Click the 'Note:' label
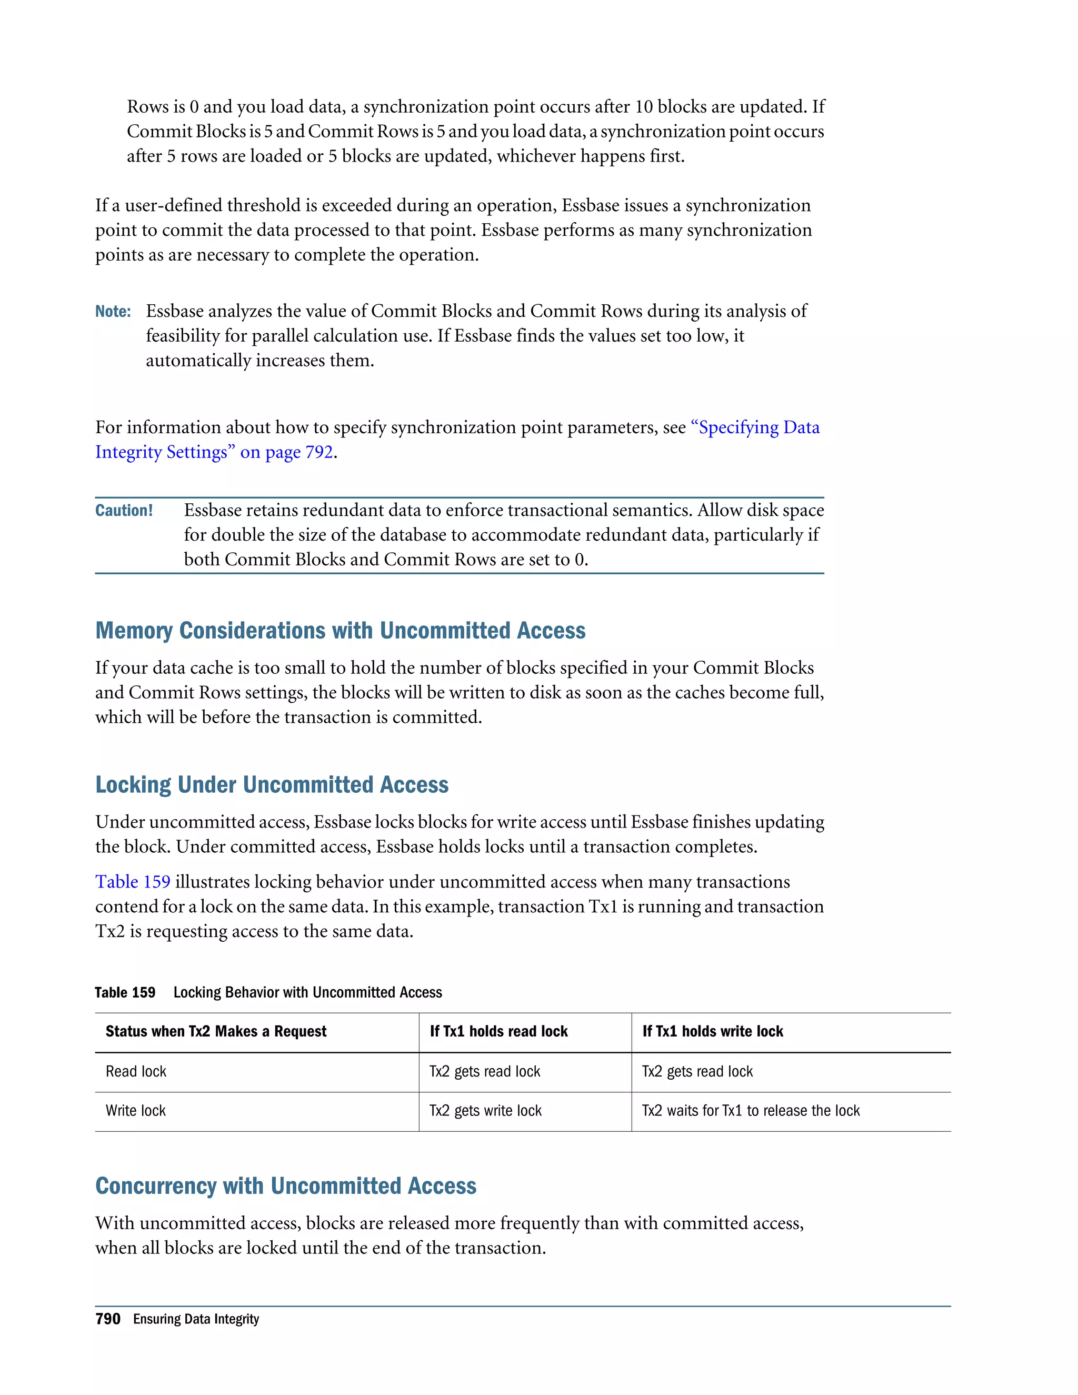[113, 312]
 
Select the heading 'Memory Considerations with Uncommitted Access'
[340, 631]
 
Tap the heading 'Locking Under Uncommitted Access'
[272, 784]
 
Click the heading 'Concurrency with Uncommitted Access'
[285, 1185]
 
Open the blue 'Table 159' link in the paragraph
[133, 882]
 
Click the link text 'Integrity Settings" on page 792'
[214, 452]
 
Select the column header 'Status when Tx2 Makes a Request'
[216, 1032]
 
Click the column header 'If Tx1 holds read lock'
[498, 1032]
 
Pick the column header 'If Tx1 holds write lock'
[712, 1032]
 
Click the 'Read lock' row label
[136, 1072]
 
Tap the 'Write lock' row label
[135, 1111]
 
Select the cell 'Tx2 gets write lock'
[485, 1111]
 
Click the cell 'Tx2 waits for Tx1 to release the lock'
[751, 1111]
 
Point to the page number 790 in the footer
[108, 1319]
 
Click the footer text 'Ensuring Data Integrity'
[196, 1319]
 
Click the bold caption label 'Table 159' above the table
[125, 993]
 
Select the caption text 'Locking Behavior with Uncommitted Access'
[307, 993]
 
